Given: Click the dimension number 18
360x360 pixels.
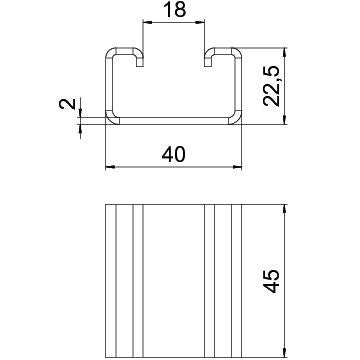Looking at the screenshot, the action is point(175,10).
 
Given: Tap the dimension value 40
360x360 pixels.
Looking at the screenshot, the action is point(173,155).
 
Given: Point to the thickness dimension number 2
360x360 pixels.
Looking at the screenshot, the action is point(68,104).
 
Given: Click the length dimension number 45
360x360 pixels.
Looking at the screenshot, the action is point(273,281).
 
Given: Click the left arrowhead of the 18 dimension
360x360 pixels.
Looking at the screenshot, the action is point(147,22).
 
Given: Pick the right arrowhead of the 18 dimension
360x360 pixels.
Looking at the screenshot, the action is point(200,22).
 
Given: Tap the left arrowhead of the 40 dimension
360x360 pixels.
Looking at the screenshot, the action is point(110,167).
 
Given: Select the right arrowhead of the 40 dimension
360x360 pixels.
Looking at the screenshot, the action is point(237,167).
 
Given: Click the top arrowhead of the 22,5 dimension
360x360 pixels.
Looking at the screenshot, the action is point(284,52).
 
